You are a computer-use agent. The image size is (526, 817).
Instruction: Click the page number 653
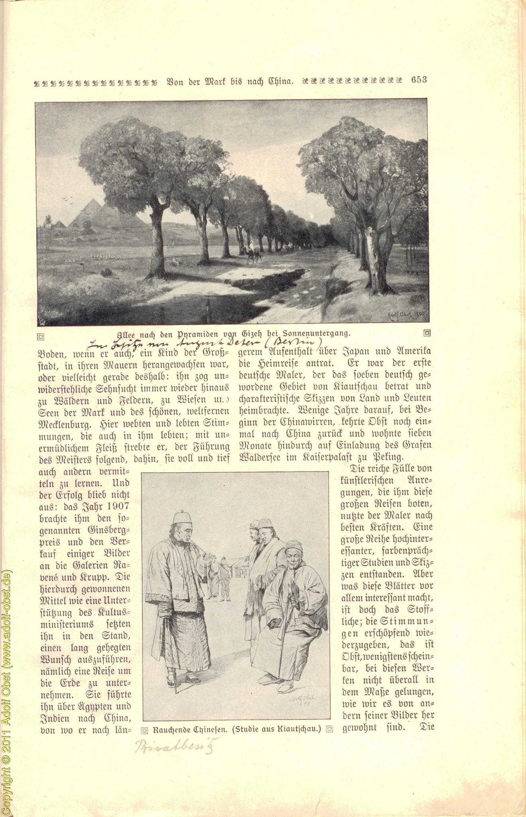[x=419, y=80]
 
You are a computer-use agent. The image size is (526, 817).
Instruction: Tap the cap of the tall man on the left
[x=183, y=518]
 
